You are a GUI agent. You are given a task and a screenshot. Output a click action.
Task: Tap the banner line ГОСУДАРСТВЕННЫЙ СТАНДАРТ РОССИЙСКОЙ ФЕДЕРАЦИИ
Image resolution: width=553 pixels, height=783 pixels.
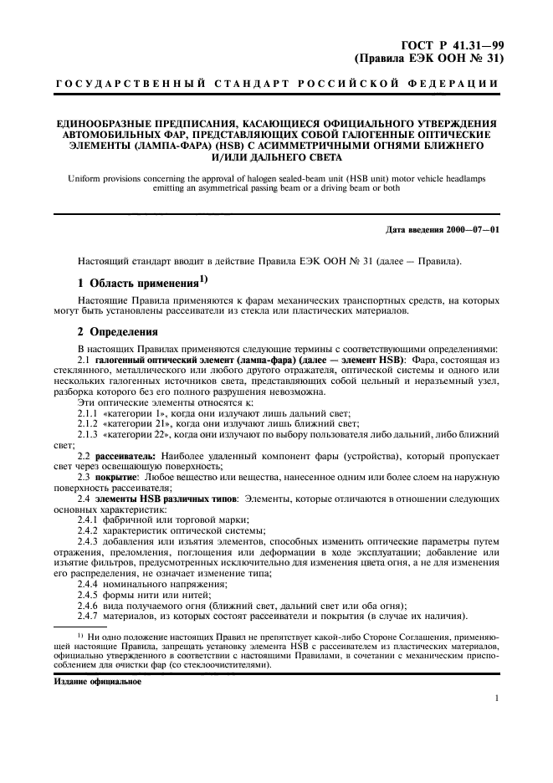point(277,84)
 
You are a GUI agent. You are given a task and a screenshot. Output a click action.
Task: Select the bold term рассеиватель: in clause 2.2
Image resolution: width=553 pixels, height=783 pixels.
point(127,456)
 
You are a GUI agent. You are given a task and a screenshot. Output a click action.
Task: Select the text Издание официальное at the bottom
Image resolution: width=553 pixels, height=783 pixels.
point(91,682)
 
